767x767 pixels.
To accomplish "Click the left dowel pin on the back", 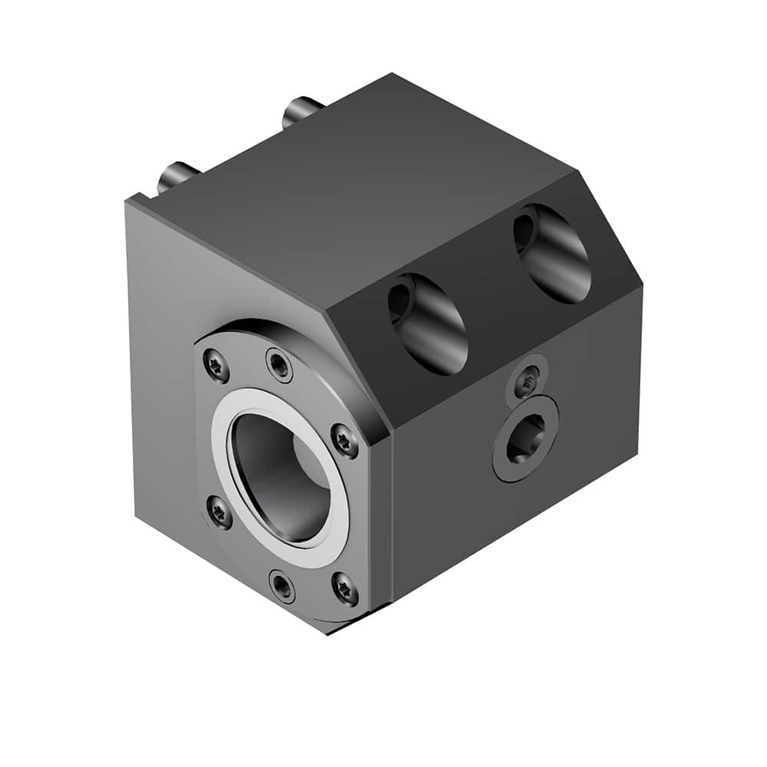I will tap(176, 177).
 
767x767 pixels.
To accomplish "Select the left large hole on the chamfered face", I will tap(428, 323).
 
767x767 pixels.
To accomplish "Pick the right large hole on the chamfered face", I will tap(551, 253).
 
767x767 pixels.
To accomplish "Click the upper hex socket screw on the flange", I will tap(280, 365).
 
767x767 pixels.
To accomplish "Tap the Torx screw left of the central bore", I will tap(219, 512).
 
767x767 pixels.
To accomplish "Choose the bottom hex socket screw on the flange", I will tap(283, 587).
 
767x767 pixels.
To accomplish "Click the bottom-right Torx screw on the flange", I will tap(344, 588).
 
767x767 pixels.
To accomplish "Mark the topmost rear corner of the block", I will tap(393, 74).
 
